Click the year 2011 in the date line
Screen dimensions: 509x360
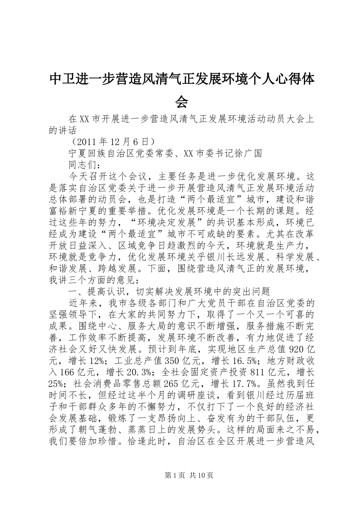click(x=87, y=142)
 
